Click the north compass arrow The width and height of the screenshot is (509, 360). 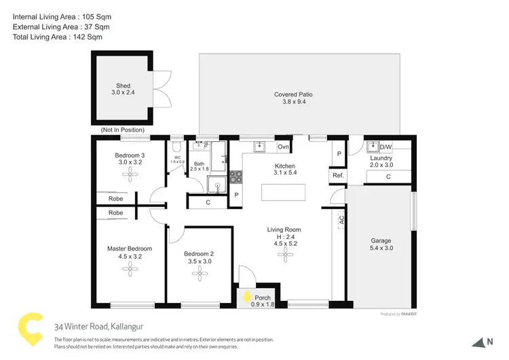pos(479,342)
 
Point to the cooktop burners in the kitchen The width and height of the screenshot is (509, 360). pos(236,177)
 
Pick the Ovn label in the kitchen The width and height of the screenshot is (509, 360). pos(284,147)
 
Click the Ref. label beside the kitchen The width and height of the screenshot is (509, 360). pos(337,176)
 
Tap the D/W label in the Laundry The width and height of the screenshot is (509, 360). pos(385,147)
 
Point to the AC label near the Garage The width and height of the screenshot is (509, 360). pos(341,219)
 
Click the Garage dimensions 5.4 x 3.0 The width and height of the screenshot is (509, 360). pos(381,249)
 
